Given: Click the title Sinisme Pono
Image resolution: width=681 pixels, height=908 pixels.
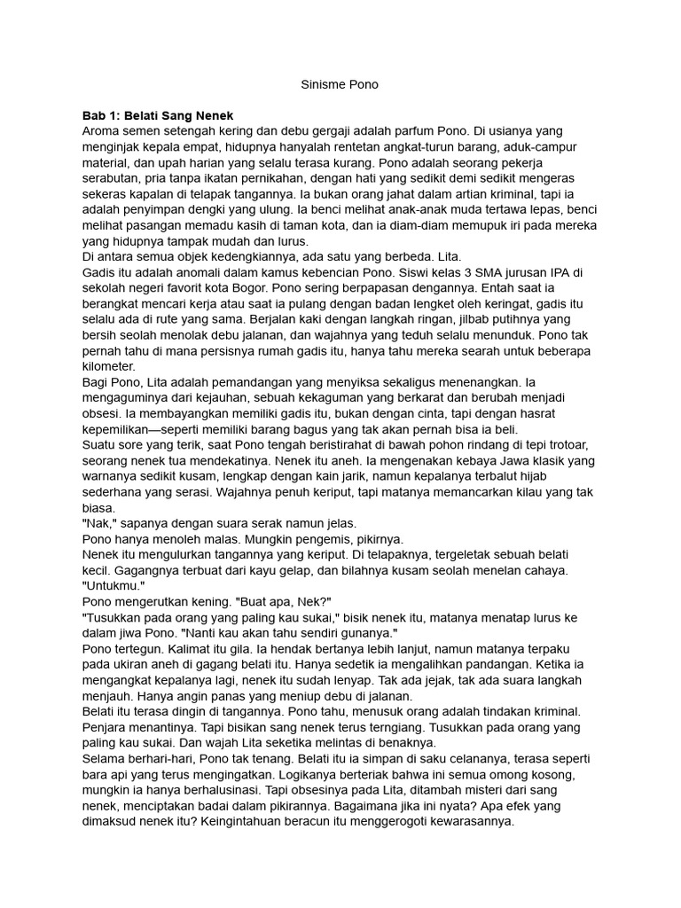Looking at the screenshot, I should point(340,85).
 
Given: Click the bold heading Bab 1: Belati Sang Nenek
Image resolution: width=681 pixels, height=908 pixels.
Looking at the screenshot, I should point(157,115).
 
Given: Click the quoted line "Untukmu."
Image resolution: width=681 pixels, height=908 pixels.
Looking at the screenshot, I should point(112,586).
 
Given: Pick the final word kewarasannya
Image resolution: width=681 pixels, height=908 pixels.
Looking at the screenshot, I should point(460,822).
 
